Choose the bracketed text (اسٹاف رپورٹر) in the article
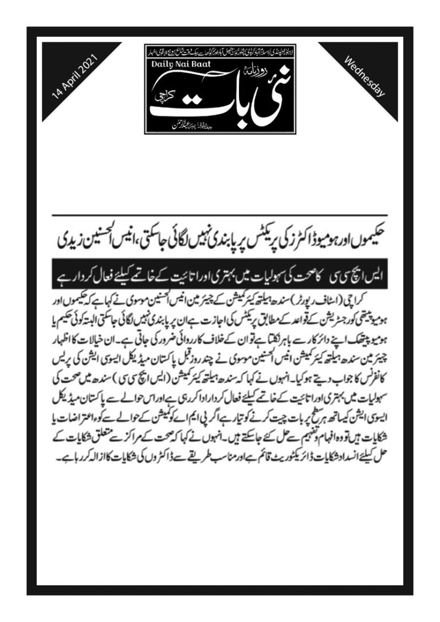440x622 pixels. pyautogui.click(x=331, y=300)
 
